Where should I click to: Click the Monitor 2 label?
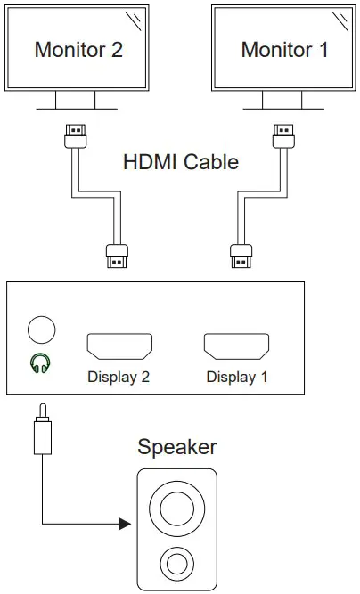[x=78, y=49]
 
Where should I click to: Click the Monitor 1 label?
[x=284, y=49]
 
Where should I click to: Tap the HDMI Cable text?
[x=181, y=162]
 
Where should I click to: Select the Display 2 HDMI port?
[x=119, y=346]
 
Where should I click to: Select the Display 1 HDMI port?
[x=236, y=346]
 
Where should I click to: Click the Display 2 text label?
[x=119, y=377]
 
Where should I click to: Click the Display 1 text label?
[x=237, y=377]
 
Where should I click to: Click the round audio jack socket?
[x=41, y=330]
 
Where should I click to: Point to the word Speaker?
[x=176, y=446]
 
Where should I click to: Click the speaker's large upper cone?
[x=176, y=508]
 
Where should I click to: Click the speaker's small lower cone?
[x=176, y=563]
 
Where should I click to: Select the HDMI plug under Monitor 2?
[x=77, y=134]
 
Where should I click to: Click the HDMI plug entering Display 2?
[x=116, y=256]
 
